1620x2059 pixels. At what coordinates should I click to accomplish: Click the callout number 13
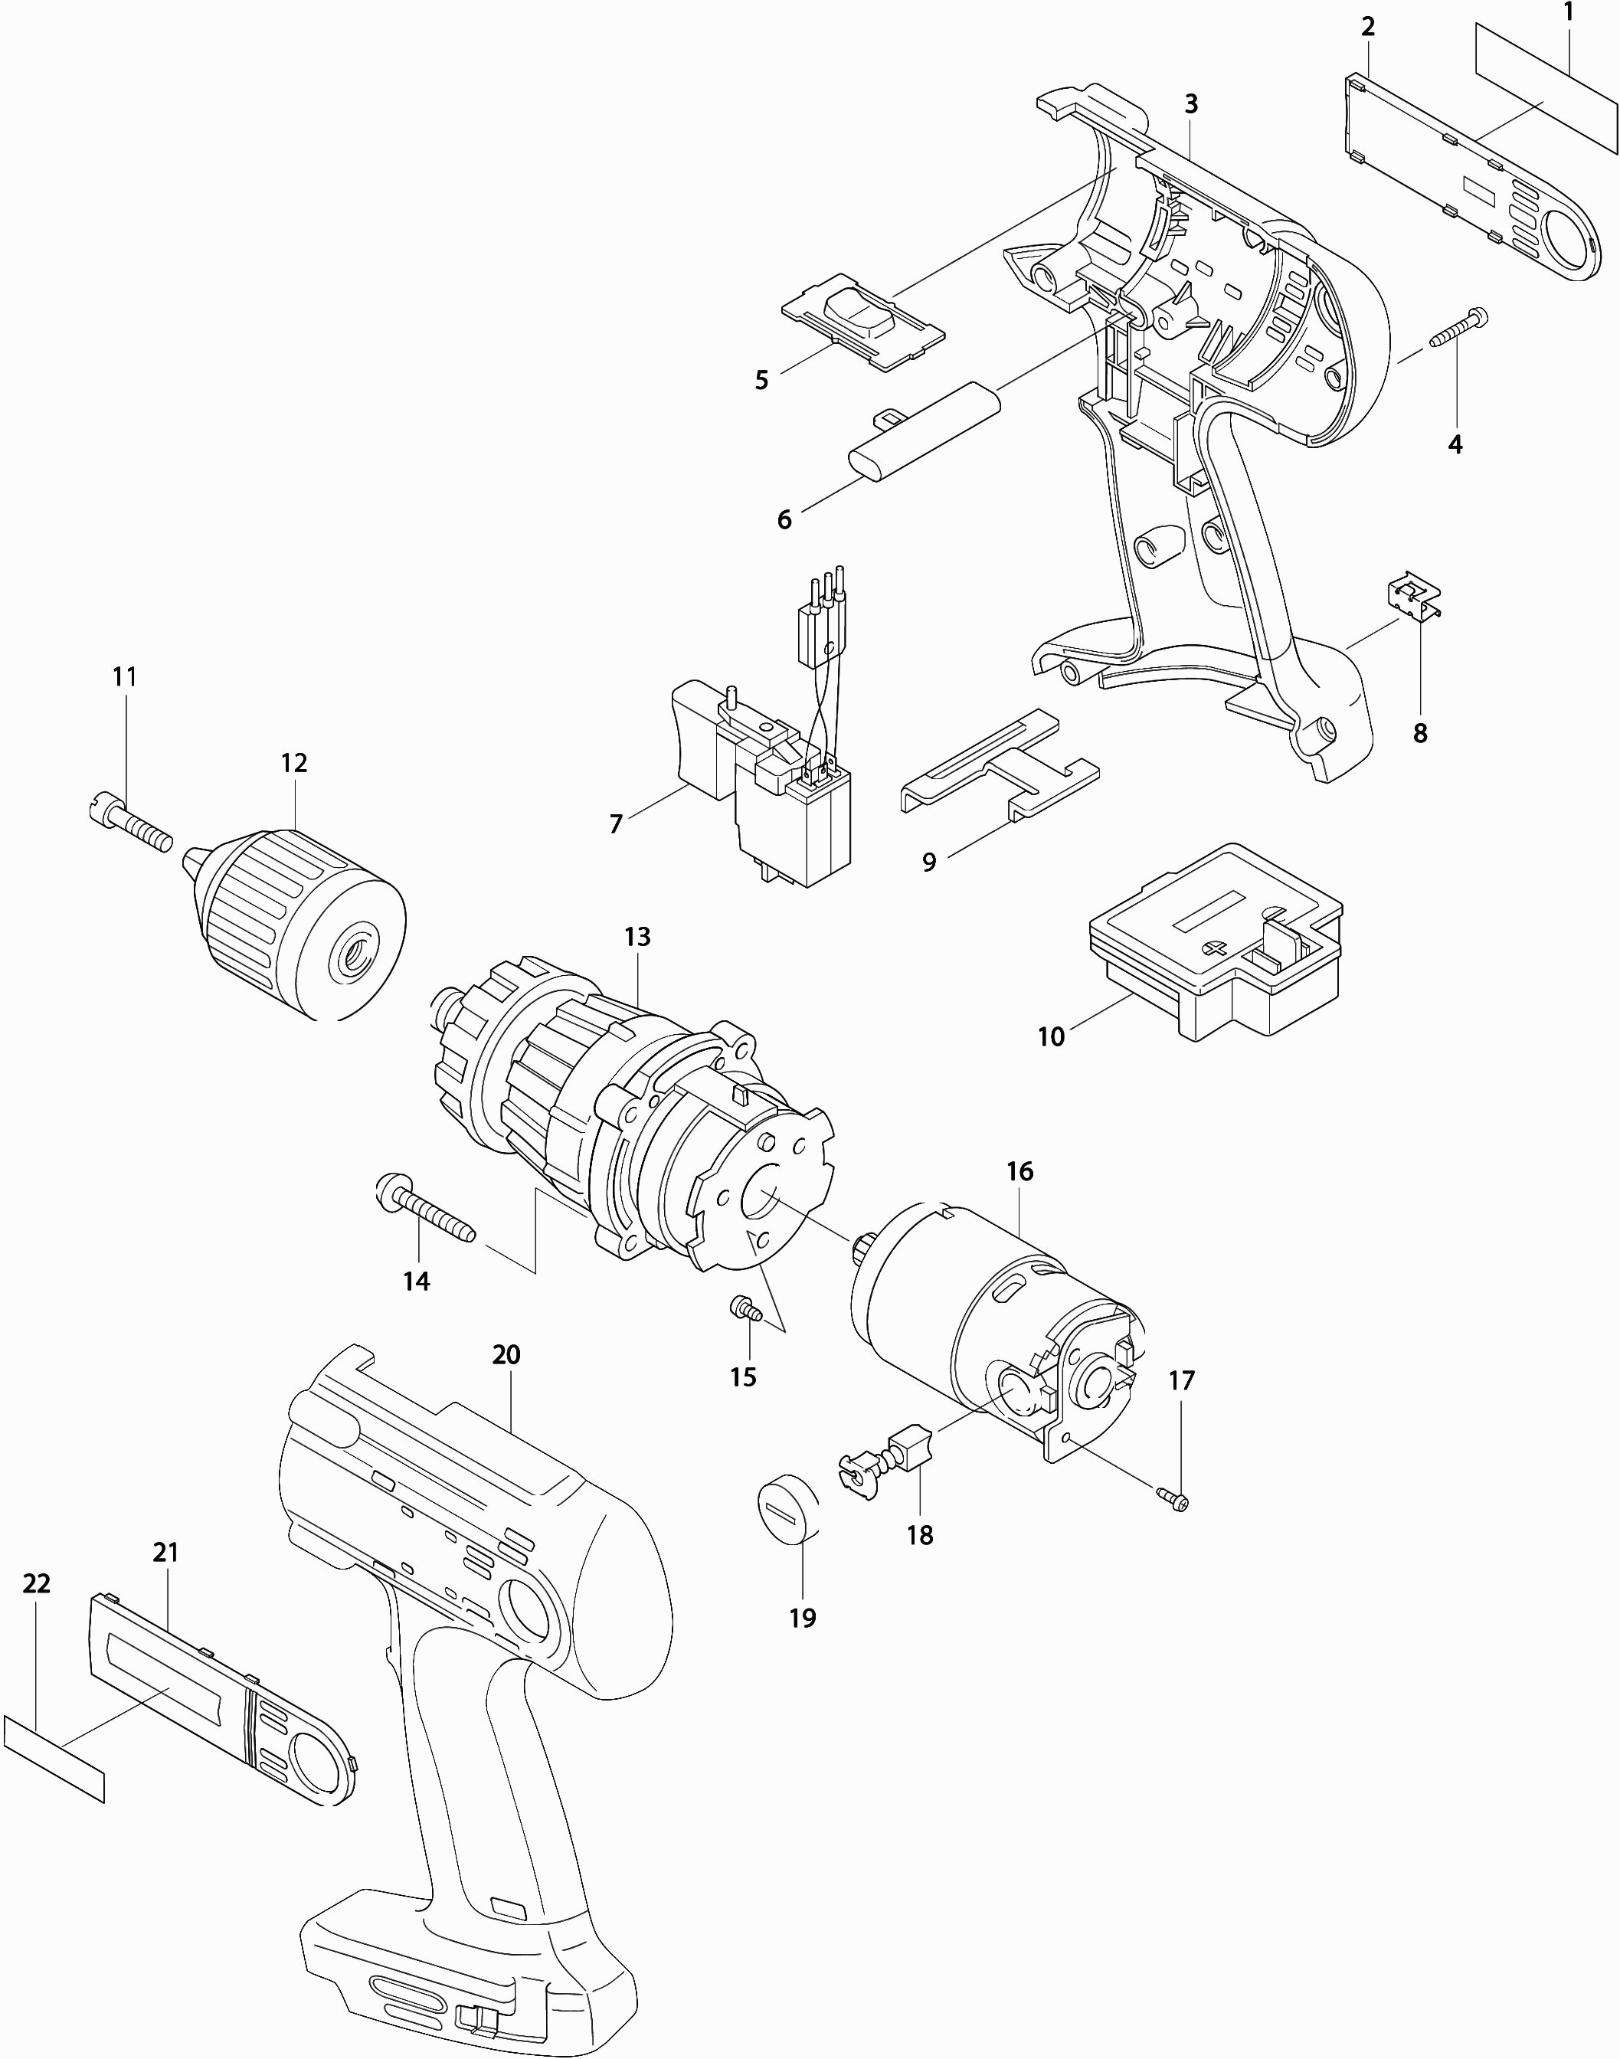pyautogui.click(x=637, y=937)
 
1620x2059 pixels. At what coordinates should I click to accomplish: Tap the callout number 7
pyautogui.click(x=616, y=824)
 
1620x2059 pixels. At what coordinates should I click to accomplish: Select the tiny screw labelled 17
pyautogui.click(x=1175, y=1499)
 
